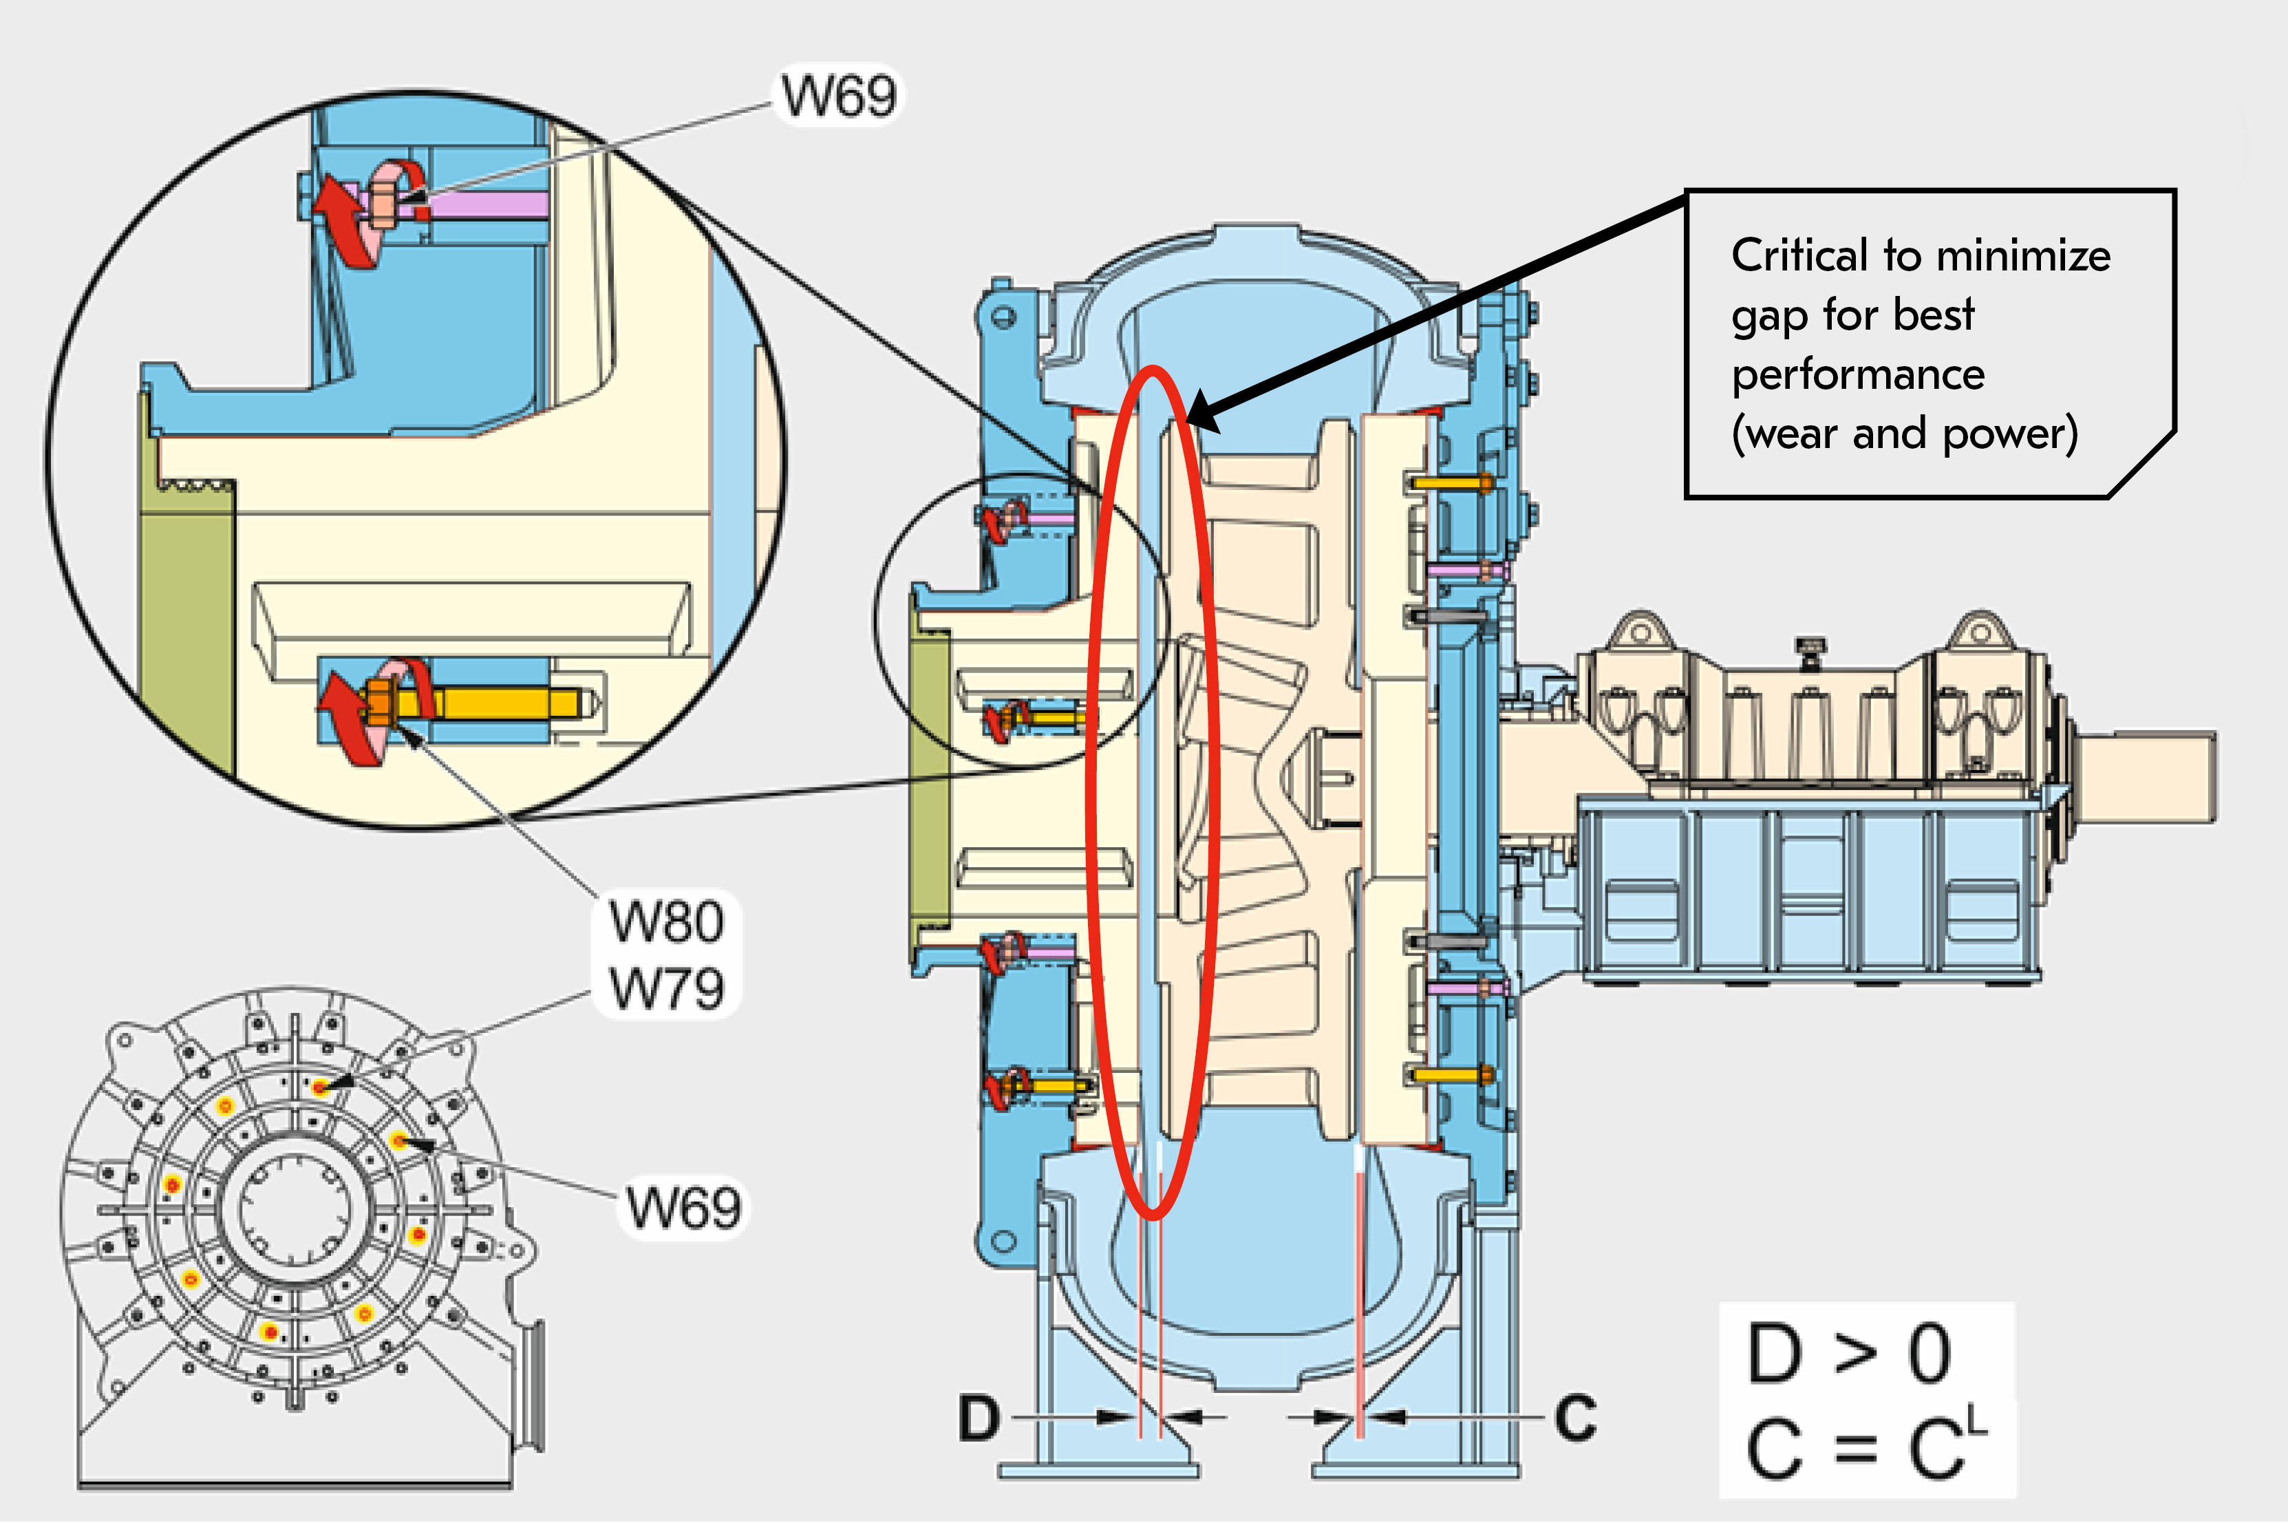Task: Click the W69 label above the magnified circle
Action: coord(839,96)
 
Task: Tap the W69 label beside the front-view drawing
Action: coord(684,1207)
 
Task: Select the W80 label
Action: coord(666,921)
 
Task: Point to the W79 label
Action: coord(666,988)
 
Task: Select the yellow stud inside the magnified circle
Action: coord(505,701)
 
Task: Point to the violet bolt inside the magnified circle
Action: coord(486,204)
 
